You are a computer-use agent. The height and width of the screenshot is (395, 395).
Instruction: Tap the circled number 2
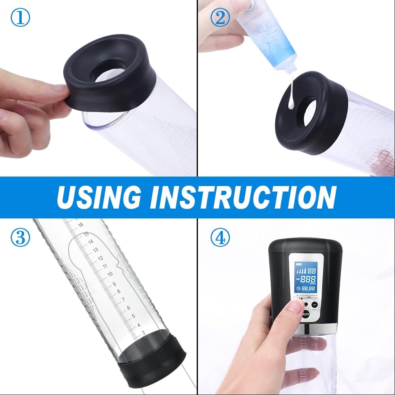[220, 18]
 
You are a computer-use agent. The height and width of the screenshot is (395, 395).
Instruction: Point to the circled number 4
[220, 238]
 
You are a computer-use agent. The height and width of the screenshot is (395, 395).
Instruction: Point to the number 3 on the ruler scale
[143, 333]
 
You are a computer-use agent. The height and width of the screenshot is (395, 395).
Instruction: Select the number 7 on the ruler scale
[123, 299]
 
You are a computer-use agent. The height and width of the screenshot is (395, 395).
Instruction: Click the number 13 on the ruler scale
[95, 250]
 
